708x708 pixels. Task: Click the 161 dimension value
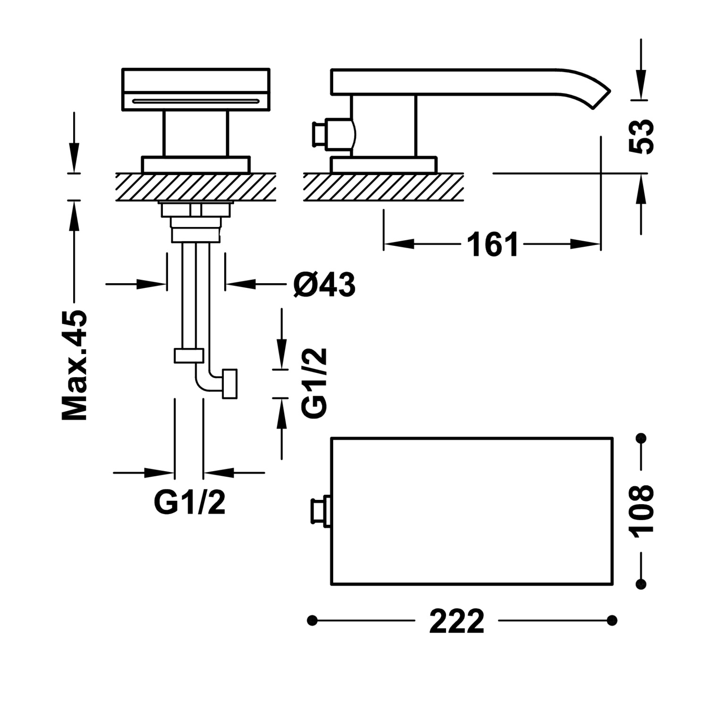tap(492, 244)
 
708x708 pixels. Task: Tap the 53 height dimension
tap(642, 136)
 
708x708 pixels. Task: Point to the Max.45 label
tap(75, 365)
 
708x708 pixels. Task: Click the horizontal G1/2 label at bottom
tap(190, 503)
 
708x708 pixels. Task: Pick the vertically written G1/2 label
tap(314, 383)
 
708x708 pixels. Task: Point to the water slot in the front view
tap(196, 101)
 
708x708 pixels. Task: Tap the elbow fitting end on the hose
tap(229, 384)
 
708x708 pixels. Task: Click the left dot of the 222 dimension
tap(312, 620)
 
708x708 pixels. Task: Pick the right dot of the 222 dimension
tap(612, 620)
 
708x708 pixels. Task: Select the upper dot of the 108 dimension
tap(641, 438)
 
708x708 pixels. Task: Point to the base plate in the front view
tap(196, 164)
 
